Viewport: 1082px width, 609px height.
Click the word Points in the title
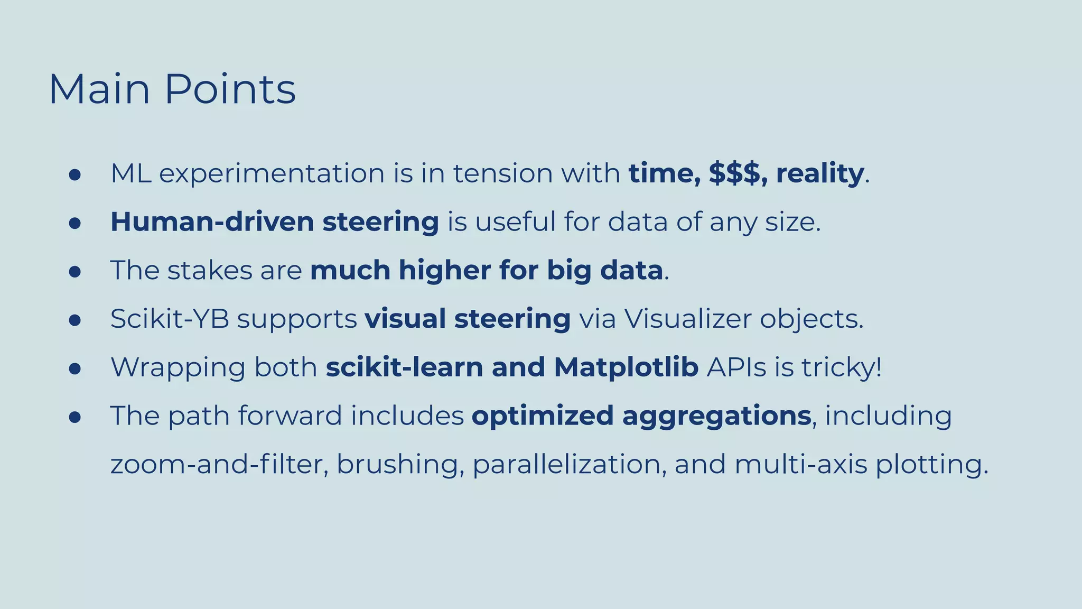(x=230, y=89)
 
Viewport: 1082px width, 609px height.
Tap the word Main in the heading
(x=99, y=89)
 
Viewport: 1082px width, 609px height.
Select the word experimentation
(x=272, y=174)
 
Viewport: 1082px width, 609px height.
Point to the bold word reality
(x=819, y=174)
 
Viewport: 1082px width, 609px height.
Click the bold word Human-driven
(x=211, y=222)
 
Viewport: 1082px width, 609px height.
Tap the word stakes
(x=210, y=270)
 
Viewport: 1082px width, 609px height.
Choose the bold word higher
(x=445, y=270)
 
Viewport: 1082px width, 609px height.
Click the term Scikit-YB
(x=170, y=319)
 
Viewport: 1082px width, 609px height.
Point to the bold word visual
(x=405, y=319)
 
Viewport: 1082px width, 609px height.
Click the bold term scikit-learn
(x=404, y=367)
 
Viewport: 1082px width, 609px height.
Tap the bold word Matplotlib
(x=626, y=367)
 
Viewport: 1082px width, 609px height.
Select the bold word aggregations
(x=716, y=416)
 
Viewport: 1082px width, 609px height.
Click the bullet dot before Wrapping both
(x=74, y=369)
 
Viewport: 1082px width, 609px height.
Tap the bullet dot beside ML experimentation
(x=74, y=175)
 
